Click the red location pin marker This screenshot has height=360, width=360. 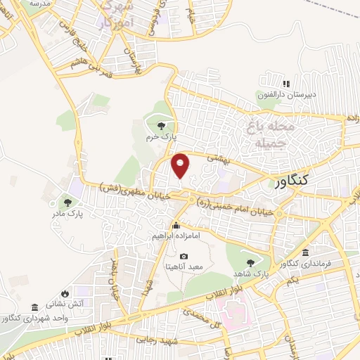(x=181, y=165)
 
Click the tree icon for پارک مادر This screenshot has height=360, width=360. (x=68, y=200)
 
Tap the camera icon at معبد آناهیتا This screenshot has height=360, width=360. (x=184, y=257)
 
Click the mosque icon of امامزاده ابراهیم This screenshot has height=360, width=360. (x=176, y=226)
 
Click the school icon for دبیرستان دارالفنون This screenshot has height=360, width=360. (x=285, y=84)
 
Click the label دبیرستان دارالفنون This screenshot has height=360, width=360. (x=287, y=94)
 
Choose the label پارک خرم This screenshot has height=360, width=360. (x=159, y=138)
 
